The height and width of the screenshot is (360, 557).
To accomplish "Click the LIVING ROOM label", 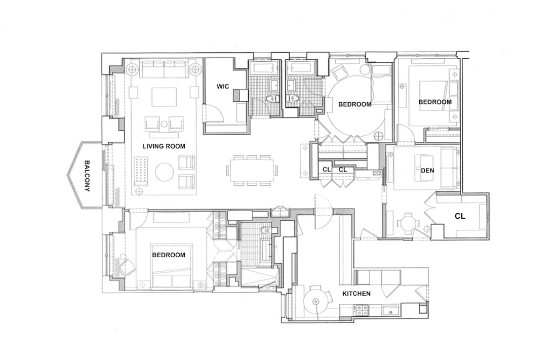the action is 164,146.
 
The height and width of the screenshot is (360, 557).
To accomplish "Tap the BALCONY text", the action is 87,176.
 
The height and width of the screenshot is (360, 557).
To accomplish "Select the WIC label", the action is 223,87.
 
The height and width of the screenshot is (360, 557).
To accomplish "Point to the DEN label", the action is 427,171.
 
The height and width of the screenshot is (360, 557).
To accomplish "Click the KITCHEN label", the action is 356,294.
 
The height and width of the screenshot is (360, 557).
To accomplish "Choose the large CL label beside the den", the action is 460,216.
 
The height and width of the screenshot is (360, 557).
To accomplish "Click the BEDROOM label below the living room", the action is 169,255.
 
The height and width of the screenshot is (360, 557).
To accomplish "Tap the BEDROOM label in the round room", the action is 355,104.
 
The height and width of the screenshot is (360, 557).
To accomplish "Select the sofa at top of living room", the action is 164,69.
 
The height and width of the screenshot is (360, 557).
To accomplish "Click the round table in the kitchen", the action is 316,301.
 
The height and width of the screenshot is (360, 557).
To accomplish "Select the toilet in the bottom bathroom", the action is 265,231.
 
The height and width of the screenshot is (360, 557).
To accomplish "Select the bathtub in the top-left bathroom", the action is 264,67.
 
